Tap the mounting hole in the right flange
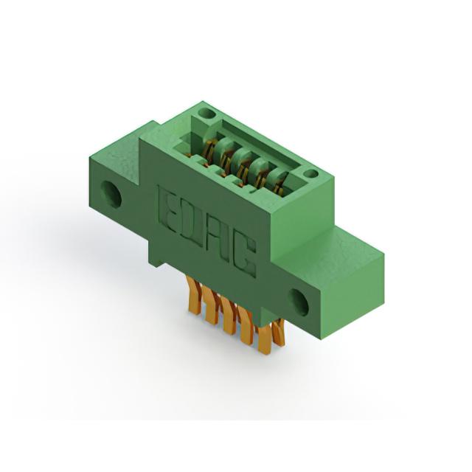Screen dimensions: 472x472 coord(299,302)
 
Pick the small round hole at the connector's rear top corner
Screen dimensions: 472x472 coord(206,114)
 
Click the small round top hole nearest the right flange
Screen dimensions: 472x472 coord(310,174)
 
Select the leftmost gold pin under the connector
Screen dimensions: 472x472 coord(193,296)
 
